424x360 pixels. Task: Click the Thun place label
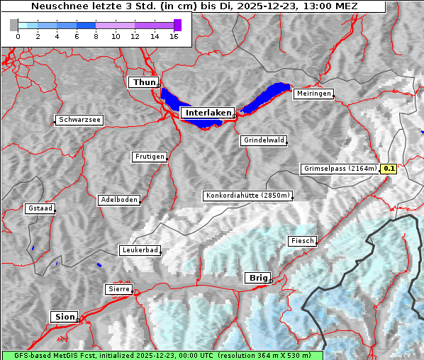pyautogui.click(x=143, y=83)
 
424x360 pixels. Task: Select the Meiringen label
pyautogui.click(x=313, y=94)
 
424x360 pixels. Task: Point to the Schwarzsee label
pyautogui.click(x=79, y=120)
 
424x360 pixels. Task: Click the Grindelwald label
pyautogui.click(x=264, y=140)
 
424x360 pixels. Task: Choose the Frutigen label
pyautogui.click(x=149, y=157)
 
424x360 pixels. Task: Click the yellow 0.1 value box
pyautogui.click(x=389, y=169)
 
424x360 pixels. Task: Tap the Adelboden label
pyautogui.click(x=118, y=200)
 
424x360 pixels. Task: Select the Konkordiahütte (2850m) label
pyautogui.click(x=247, y=196)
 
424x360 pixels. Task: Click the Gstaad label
pyautogui.click(x=40, y=208)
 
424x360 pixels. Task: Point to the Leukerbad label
pyautogui.click(x=140, y=250)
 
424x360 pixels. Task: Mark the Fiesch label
pyautogui.click(x=301, y=241)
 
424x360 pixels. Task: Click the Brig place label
pyautogui.click(x=257, y=278)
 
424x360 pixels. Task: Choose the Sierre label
pyautogui.click(x=118, y=289)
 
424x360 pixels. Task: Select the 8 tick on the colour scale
pyautogui.click(x=96, y=36)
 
